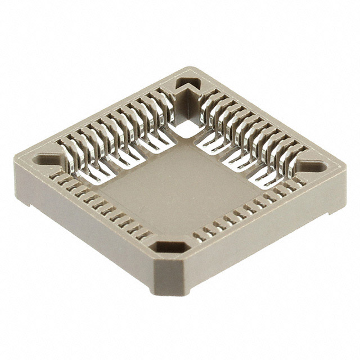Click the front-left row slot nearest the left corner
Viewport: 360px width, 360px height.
pos(55,175)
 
